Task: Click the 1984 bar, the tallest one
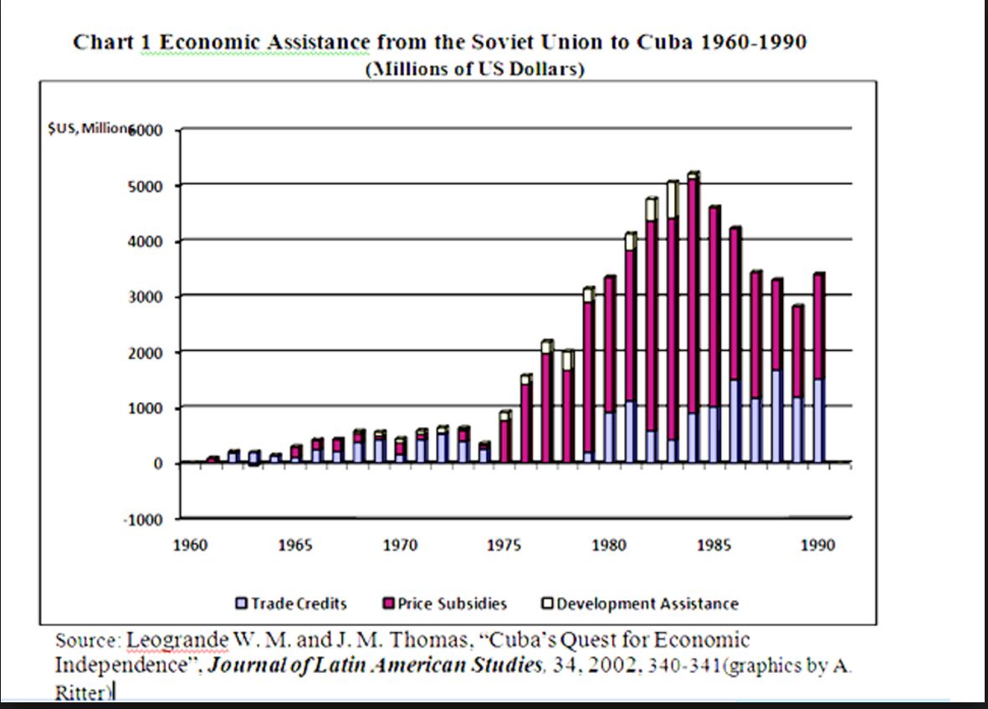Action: click(x=693, y=318)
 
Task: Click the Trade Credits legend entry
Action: click(x=292, y=603)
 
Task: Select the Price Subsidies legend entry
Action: click(x=445, y=603)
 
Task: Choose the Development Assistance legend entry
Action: click(x=640, y=603)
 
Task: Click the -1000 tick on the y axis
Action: click(x=146, y=520)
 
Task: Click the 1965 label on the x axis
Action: click(x=294, y=546)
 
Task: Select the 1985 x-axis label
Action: click(x=714, y=546)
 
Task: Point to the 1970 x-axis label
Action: click(x=400, y=546)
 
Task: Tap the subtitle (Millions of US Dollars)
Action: click(x=475, y=69)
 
